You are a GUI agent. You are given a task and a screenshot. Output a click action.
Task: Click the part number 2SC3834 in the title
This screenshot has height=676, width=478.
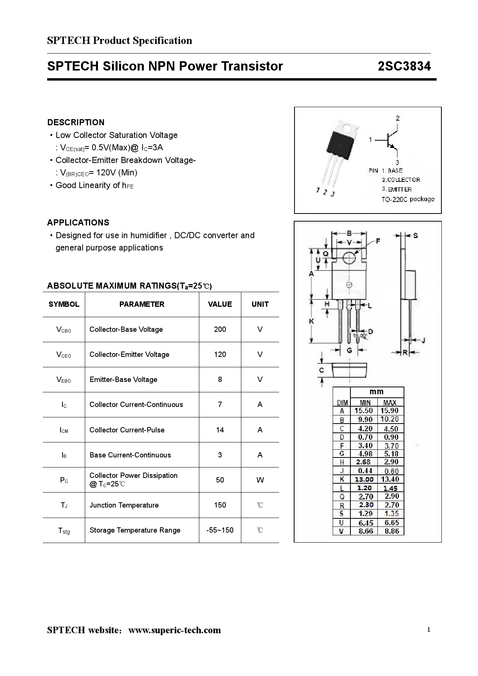coord(404,66)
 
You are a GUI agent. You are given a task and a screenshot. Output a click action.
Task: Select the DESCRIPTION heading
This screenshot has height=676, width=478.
coord(76,123)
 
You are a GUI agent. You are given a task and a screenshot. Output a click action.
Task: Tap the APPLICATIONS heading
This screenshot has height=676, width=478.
coord(78,223)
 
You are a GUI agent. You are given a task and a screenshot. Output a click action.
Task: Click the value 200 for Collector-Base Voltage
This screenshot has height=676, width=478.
coord(220,330)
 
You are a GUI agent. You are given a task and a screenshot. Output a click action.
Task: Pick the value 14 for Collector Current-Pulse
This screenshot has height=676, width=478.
coord(220,430)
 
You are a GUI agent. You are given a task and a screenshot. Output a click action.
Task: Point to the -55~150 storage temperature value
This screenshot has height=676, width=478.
coord(220,530)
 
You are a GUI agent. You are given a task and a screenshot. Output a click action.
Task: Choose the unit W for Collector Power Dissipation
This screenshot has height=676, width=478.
coord(260,480)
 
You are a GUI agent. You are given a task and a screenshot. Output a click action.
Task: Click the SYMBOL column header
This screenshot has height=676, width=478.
coord(64,304)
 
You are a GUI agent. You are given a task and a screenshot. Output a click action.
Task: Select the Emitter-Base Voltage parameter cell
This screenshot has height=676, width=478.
coord(123,380)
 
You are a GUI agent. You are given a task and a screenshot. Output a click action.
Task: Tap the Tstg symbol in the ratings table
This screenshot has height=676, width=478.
coord(64,531)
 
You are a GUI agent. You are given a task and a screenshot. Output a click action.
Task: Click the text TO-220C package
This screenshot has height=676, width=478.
coord(408,199)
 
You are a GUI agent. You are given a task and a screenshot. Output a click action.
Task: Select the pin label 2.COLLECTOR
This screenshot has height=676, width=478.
coord(401,180)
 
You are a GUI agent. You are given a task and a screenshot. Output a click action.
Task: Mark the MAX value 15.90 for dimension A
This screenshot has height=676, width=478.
coord(389,411)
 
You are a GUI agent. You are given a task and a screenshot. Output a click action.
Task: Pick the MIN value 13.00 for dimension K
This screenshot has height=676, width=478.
coord(364,479)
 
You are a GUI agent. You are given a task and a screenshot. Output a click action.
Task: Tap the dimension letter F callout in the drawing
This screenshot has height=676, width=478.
coord(378,241)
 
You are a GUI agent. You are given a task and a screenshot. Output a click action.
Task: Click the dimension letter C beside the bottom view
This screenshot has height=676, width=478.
coord(321,370)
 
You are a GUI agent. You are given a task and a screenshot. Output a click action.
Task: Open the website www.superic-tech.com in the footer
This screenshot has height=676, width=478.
coord(175,630)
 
